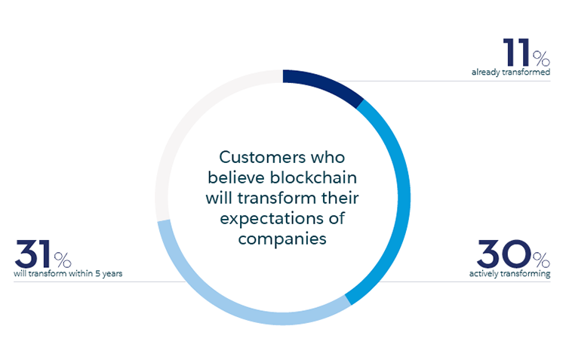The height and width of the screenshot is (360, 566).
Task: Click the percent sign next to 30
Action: [x=541, y=259]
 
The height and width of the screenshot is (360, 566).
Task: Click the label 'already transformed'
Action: [x=511, y=72]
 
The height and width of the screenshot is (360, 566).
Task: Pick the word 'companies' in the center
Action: [x=282, y=239]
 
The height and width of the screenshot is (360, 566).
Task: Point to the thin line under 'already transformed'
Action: [x=453, y=81]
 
